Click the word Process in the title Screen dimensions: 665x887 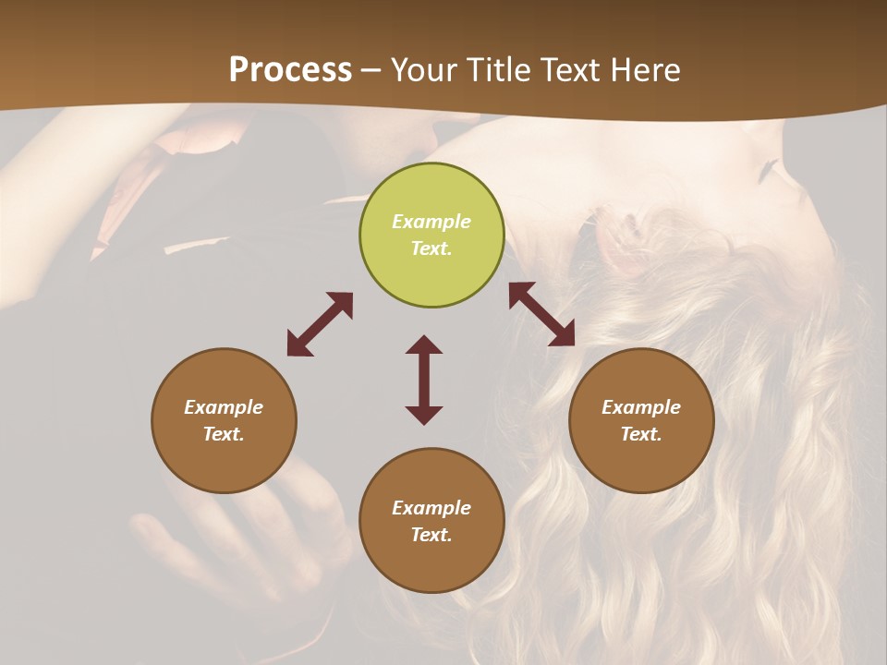[x=290, y=69]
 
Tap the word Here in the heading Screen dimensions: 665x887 [x=643, y=69]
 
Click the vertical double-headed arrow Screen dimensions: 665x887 [x=424, y=380]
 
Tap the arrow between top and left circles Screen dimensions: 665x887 [x=320, y=324]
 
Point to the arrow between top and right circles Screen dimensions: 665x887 [x=542, y=314]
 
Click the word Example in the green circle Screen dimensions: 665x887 [x=431, y=222]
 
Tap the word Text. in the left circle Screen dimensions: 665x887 [x=224, y=434]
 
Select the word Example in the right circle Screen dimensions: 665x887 [x=641, y=407]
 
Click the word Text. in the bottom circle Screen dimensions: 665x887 [x=431, y=535]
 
